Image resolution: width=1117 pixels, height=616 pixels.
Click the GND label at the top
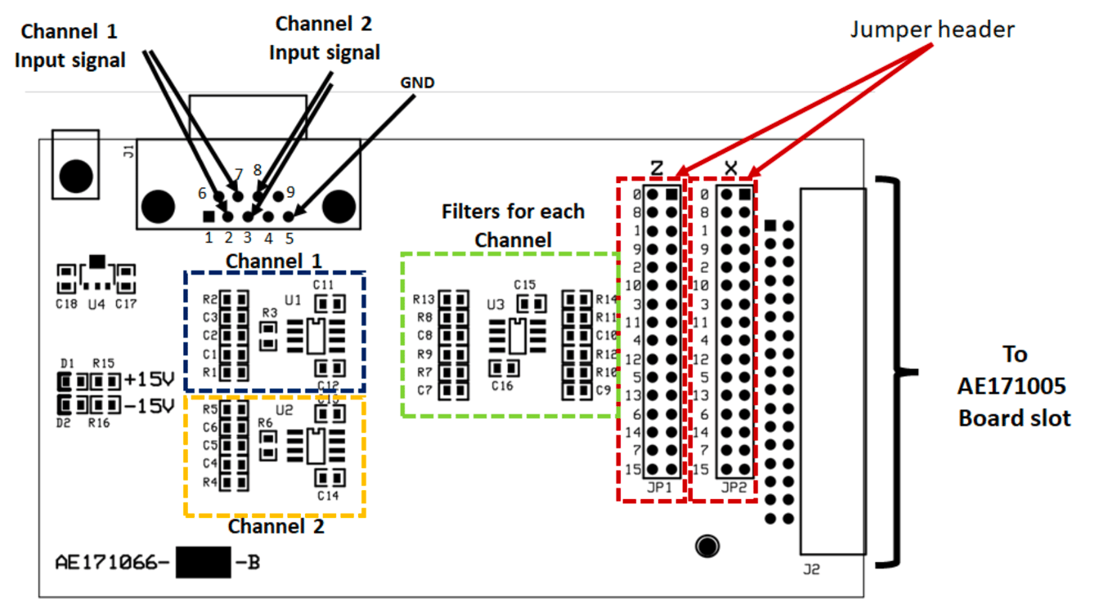click(417, 83)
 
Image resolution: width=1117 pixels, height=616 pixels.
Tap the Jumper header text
click(932, 30)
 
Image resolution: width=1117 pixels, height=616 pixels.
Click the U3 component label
click(496, 305)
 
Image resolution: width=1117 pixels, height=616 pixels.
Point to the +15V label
click(150, 380)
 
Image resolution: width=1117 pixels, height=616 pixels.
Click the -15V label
click(150, 405)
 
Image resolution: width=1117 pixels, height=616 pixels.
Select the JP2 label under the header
click(734, 487)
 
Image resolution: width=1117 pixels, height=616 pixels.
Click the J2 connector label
click(810, 569)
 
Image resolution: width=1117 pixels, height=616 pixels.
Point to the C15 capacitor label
click(524, 285)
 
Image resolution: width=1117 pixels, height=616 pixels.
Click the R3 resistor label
click(270, 313)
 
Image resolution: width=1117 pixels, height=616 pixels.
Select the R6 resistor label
click(264, 423)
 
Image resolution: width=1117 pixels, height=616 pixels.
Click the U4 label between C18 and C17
click(96, 304)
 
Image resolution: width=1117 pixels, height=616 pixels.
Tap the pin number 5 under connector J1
click(289, 239)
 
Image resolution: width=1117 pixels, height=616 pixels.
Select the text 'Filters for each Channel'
click(514, 225)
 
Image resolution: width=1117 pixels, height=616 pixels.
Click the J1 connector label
click(127, 150)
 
